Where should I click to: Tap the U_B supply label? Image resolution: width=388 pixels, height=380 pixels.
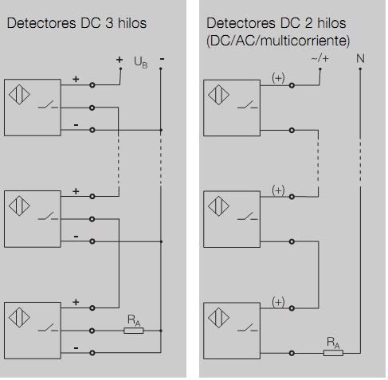[x=139, y=61]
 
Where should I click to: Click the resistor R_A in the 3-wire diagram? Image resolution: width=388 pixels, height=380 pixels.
[x=134, y=328]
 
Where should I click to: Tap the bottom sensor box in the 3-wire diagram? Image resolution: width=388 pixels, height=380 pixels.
[x=32, y=328]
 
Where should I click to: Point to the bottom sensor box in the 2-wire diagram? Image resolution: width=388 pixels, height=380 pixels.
[x=232, y=328]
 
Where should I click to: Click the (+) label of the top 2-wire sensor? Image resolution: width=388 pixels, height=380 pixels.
[x=278, y=77]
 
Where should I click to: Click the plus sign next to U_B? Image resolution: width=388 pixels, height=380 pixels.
[x=120, y=60]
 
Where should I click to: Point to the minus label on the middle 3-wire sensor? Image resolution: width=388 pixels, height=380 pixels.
[x=76, y=237]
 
